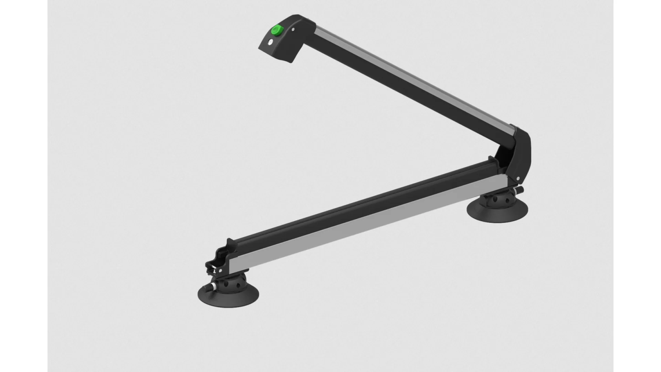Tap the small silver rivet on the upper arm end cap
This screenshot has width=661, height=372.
tap(293, 30)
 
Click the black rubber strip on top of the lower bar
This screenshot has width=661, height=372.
tap(361, 203)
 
